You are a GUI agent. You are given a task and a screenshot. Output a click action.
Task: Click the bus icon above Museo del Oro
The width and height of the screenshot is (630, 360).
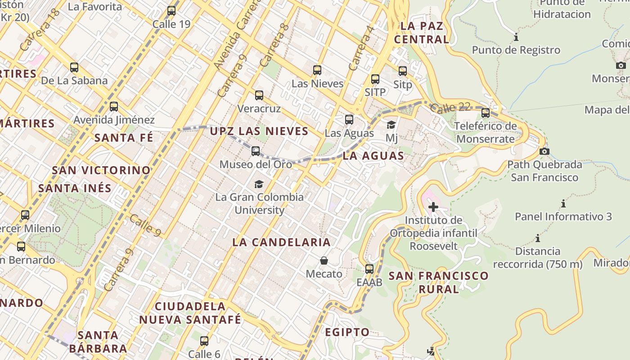coord(256,151)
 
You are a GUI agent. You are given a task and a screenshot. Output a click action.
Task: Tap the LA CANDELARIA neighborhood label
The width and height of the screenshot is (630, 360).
coord(281,242)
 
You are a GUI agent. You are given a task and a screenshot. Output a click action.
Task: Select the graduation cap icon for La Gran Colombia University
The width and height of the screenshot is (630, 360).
coord(259,184)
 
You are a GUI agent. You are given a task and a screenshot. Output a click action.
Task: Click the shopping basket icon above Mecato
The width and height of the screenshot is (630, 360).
coord(324,261)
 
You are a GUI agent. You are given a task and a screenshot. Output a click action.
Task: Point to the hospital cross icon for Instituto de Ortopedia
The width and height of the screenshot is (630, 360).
coord(433,207)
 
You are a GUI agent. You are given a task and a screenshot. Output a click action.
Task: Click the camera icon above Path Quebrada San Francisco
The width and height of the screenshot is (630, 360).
coord(544,151)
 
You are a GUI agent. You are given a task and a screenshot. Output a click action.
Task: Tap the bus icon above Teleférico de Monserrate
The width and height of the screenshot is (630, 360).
coord(486,113)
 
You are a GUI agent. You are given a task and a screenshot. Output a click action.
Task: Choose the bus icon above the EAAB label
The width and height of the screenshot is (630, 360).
coord(369,269)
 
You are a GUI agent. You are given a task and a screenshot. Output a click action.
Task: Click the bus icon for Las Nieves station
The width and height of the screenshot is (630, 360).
coord(317,70)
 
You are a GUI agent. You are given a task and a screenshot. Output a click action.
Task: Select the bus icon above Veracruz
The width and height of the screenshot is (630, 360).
coord(259,95)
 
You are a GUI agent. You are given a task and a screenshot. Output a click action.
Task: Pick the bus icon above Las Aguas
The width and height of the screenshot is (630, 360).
coord(349,120)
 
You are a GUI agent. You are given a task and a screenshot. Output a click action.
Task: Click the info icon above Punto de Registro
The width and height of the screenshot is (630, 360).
coord(516,37)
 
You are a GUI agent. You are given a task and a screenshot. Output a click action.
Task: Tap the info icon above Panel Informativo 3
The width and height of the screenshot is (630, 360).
coord(563,203)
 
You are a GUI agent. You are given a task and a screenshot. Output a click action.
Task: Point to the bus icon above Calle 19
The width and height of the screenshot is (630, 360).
coord(171,11)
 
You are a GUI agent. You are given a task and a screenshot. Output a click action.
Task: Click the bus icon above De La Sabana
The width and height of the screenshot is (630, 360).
coord(74,67)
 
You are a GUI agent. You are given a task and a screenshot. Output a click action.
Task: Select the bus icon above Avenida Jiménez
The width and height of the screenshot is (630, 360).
coord(114,107)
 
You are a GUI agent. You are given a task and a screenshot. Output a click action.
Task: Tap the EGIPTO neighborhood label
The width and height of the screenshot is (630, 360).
coord(347,332)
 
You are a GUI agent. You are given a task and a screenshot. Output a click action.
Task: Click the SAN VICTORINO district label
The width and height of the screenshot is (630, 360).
coord(101,170)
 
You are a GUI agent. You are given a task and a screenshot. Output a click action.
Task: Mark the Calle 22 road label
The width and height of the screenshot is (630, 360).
coord(450,108)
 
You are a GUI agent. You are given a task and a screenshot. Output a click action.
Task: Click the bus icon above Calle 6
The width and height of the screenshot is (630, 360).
coord(204,341)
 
